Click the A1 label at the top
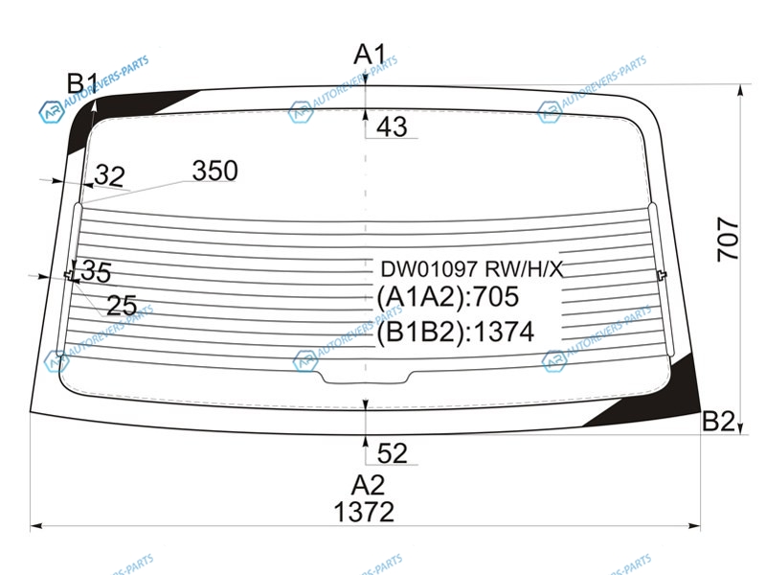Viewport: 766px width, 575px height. tap(370, 54)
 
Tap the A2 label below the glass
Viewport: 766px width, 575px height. tap(368, 485)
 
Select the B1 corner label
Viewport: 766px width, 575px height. tap(82, 82)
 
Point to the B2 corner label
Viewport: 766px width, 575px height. tap(718, 421)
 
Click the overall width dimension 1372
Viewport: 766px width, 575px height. tap(364, 513)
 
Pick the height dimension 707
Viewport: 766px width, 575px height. tap(728, 240)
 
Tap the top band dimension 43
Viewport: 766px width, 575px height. tap(392, 126)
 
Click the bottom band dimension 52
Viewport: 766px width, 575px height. tap(393, 453)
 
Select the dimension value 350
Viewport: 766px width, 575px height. tap(214, 171)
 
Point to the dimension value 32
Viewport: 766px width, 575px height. tap(110, 175)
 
